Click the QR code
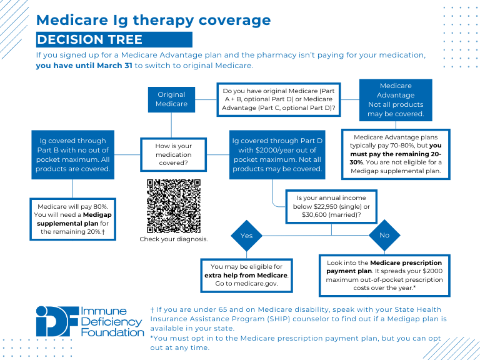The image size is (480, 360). point(174,206)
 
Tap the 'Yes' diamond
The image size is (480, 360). point(246,236)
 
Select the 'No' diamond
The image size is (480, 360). point(384,235)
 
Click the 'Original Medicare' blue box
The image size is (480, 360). point(171,99)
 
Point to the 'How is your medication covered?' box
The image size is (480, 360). point(173,155)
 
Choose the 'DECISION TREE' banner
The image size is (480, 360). point(114,40)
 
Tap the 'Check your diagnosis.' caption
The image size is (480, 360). point(174,239)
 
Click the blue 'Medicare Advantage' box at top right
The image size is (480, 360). point(396,100)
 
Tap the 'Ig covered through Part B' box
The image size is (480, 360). point(72,155)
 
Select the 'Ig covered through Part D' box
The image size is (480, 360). point(276,155)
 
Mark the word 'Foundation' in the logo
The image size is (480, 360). point(112,332)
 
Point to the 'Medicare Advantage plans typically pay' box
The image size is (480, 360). point(396,154)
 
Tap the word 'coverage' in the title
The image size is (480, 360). point(232,20)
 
